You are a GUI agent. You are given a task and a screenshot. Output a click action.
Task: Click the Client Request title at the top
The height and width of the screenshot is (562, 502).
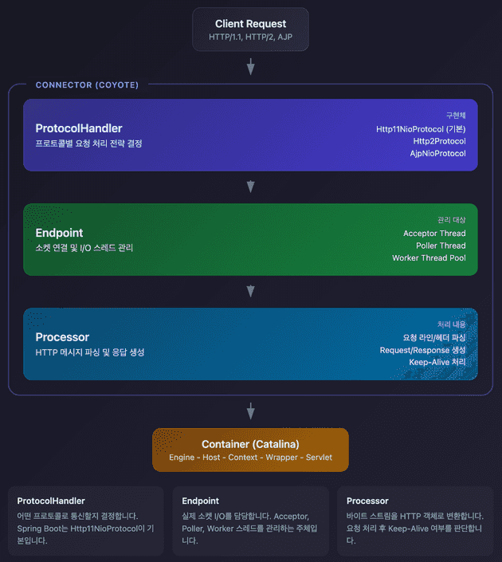250,24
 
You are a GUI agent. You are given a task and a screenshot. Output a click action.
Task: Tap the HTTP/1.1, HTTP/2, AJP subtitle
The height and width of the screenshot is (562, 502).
250,37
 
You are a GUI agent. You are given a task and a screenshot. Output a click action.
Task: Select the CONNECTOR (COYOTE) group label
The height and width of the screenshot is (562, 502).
87,85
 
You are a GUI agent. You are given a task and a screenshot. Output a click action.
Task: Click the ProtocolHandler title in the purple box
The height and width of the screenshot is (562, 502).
79,128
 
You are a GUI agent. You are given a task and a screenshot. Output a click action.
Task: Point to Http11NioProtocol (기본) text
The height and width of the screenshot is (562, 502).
421,129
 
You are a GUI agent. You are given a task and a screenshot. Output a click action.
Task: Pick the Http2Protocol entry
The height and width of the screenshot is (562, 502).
439,141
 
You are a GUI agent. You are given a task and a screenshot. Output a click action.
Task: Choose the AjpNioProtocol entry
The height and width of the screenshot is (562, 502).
438,153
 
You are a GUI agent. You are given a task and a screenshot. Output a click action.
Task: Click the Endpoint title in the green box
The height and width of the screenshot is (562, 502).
59,233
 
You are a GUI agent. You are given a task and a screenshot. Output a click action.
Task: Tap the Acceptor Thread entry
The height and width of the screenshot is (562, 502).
434,234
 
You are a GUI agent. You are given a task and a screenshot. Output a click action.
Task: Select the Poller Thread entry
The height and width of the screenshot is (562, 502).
441,246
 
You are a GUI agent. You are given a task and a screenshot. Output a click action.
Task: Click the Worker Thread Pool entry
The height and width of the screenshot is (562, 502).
429,257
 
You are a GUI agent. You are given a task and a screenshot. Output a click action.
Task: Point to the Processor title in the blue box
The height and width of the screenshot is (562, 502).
62,337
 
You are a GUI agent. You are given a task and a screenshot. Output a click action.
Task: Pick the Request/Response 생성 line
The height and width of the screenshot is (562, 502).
422,350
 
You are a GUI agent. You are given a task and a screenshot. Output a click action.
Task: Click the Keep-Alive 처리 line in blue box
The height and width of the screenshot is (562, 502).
437,363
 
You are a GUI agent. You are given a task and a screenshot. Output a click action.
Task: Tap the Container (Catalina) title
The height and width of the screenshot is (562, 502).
250,444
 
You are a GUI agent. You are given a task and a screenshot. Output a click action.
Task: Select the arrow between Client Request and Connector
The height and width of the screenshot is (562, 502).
251,66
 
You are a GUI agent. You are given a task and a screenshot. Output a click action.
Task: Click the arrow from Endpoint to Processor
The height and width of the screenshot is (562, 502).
251,291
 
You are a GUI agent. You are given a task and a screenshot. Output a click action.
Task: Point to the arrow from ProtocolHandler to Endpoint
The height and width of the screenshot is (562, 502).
251,187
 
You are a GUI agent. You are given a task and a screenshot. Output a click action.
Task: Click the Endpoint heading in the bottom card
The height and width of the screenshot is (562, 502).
200,501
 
